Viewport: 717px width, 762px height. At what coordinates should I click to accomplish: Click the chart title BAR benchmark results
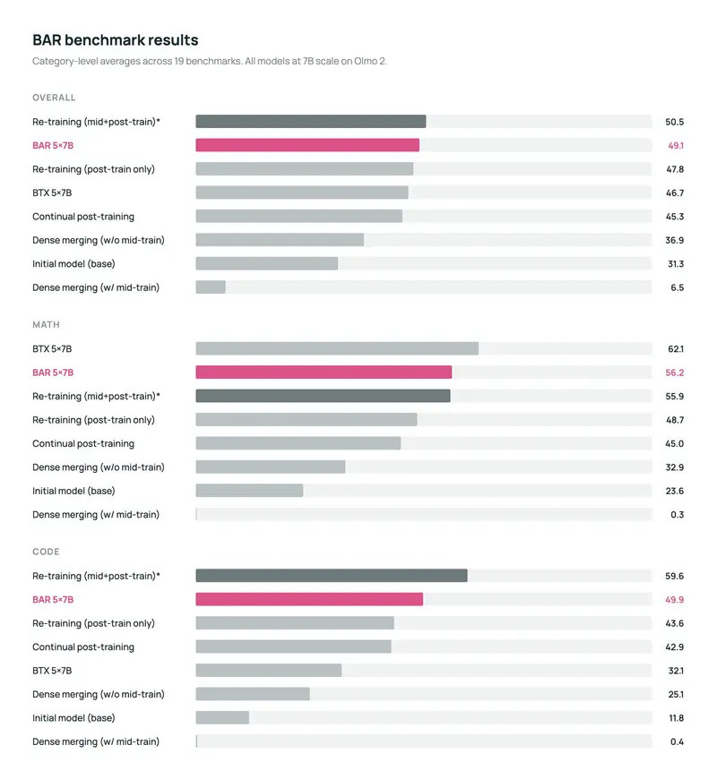tap(116, 40)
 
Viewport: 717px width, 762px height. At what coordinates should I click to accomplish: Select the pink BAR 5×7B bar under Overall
tap(307, 145)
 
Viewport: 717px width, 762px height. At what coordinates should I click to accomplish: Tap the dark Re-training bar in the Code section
tap(332, 576)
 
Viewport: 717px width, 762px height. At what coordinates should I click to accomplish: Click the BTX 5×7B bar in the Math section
tap(337, 348)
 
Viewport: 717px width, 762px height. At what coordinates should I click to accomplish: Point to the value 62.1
tap(676, 349)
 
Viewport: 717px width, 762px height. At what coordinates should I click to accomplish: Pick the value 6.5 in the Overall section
tap(677, 287)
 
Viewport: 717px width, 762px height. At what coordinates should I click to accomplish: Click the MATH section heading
tap(47, 325)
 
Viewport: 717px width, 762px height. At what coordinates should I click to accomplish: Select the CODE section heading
tap(47, 552)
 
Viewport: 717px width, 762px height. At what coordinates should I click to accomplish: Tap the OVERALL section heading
tap(54, 98)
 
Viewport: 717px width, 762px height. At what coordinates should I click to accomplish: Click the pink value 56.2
tap(675, 372)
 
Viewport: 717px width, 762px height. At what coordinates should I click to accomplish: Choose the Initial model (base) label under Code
tap(73, 718)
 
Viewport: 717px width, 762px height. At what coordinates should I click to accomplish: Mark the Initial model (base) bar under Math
tap(249, 491)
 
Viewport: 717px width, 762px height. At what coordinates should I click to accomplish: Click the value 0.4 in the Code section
tap(677, 741)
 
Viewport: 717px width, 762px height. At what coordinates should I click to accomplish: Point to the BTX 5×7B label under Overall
tap(52, 193)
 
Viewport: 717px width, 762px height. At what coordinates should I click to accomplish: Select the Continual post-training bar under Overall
tap(299, 216)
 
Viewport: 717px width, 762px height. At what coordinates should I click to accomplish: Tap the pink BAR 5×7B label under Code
tap(53, 600)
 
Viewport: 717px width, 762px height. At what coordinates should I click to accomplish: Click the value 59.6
tap(675, 576)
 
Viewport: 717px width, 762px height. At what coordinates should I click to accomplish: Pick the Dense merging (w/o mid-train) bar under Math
tap(271, 467)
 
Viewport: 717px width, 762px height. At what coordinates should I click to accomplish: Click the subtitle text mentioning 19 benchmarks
tap(210, 61)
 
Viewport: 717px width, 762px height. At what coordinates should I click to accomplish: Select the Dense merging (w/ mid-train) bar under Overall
tap(211, 287)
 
